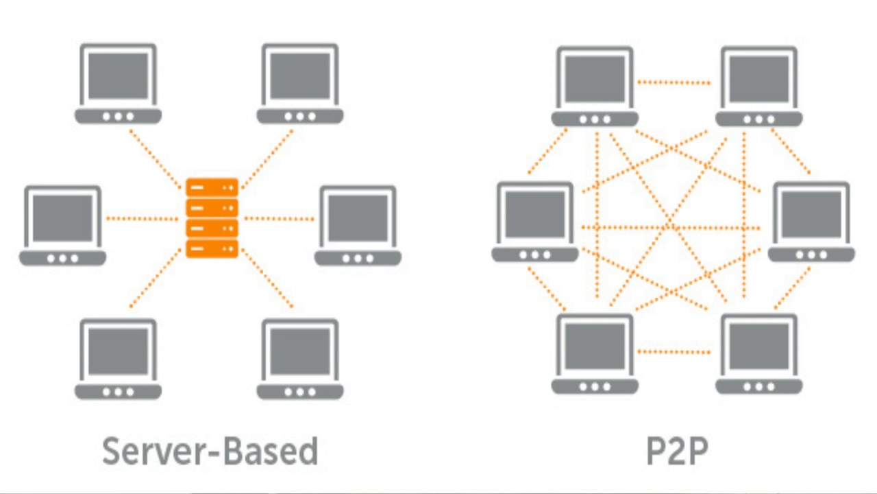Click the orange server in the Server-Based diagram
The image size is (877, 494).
(x=212, y=217)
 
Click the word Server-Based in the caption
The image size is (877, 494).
(x=210, y=451)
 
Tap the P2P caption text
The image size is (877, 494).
(x=677, y=451)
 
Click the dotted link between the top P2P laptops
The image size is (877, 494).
(x=674, y=83)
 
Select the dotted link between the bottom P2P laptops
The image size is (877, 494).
(x=674, y=352)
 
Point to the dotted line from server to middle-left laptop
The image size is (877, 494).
(x=143, y=219)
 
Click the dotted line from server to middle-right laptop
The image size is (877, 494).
(x=280, y=219)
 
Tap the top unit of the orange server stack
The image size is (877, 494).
(x=212, y=187)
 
